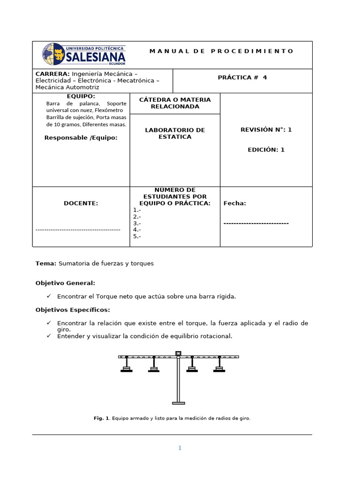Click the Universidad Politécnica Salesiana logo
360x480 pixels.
(x=84, y=54)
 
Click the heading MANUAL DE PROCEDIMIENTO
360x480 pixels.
(x=221, y=51)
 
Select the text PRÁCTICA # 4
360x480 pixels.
(x=242, y=78)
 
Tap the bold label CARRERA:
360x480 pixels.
(x=52, y=74)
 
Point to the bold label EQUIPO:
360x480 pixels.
(x=81, y=96)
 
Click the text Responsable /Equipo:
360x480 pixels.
(x=81, y=138)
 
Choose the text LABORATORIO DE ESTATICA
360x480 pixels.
(x=175, y=133)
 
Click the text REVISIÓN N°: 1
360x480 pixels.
(x=266, y=130)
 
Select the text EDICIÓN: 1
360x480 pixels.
(x=266, y=150)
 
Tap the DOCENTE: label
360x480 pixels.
(x=81, y=203)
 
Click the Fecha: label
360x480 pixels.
(x=234, y=203)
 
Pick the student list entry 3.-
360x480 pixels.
(x=137, y=224)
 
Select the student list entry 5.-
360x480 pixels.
(x=137, y=237)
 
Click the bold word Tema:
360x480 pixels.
(x=45, y=263)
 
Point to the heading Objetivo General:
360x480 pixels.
(x=65, y=283)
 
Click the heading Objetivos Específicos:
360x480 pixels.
(x=73, y=310)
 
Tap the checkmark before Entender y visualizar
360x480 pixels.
(x=49, y=336)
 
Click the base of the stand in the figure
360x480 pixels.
(x=178, y=403)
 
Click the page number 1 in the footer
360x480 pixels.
(x=180, y=448)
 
